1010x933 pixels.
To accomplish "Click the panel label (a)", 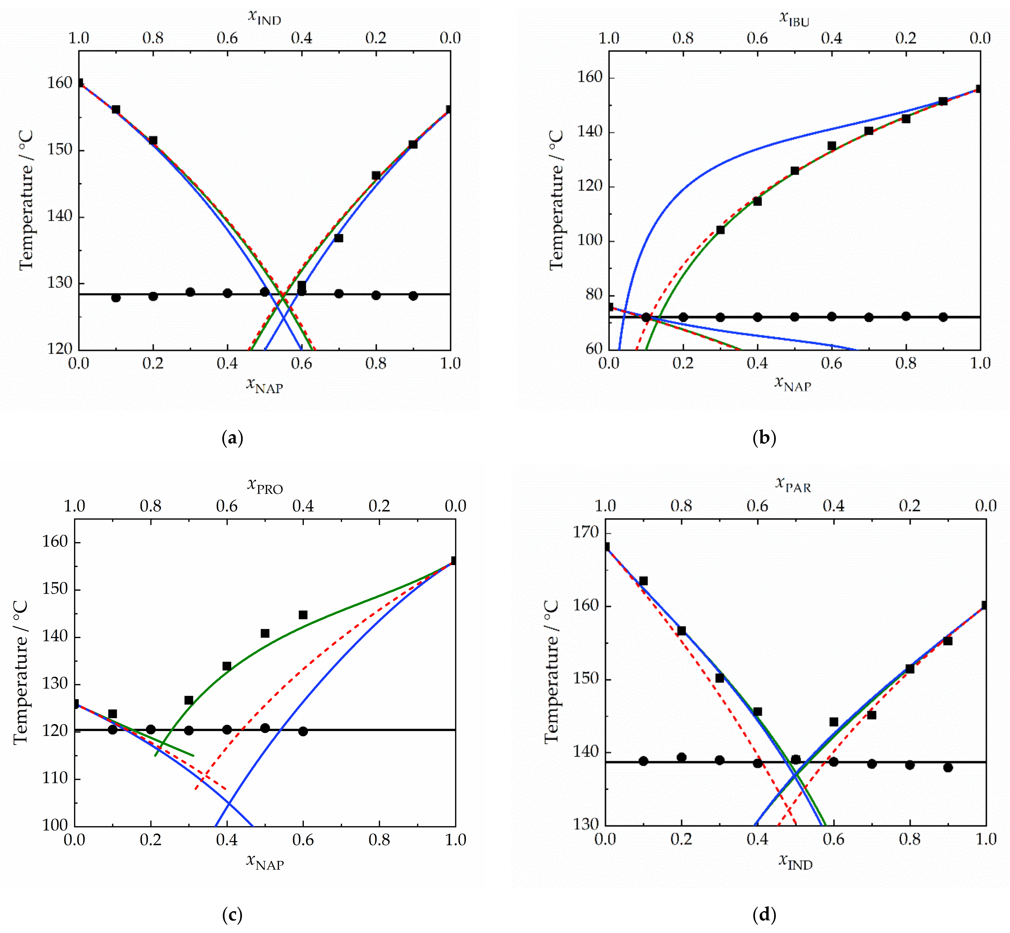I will coord(232,437).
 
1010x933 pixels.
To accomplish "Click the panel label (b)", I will coord(764,437).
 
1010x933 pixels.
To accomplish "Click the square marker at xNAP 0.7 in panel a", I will coord(339,238).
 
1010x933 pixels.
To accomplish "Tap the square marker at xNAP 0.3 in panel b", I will coord(720,230).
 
